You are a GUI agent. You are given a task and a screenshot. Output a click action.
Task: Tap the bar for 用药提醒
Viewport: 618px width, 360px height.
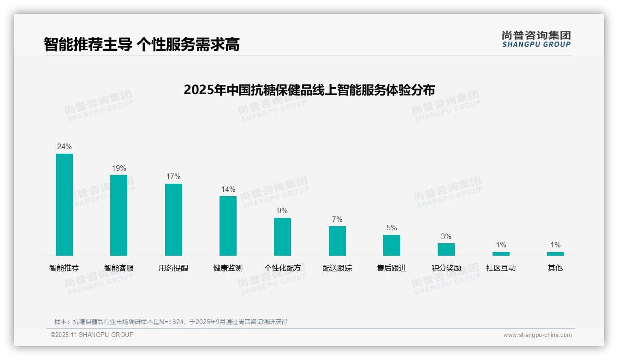pyautogui.click(x=173, y=220)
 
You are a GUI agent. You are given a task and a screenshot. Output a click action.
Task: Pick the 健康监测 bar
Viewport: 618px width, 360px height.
pyautogui.click(x=228, y=226)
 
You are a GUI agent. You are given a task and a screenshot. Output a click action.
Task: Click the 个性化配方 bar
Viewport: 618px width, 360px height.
pyautogui.click(x=282, y=236)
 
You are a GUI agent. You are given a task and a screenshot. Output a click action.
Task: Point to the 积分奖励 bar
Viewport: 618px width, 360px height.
pyautogui.click(x=446, y=249)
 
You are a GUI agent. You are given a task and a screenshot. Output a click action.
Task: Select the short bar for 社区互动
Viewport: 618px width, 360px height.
pyautogui.click(x=501, y=253)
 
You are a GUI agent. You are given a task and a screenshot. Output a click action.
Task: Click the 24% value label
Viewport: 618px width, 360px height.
pyautogui.click(x=64, y=146)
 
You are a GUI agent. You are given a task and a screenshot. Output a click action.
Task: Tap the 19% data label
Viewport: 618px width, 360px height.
pyautogui.click(x=119, y=168)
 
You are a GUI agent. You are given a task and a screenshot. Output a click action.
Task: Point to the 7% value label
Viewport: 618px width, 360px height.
pyautogui.click(x=337, y=219)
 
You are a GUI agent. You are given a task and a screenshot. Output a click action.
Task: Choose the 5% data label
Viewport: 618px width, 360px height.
pyautogui.click(x=392, y=228)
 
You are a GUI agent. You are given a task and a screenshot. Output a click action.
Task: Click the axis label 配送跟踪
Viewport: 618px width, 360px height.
pyautogui.click(x=337, y=268)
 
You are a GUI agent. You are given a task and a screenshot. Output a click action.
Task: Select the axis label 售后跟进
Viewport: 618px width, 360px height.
pyautogui.click(x=392, y=268)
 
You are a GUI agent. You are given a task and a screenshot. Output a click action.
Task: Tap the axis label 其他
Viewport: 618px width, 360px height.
pyautogui.click(x=555, y=268)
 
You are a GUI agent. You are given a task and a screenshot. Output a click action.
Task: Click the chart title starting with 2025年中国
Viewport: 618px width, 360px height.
pyautogui.click(x=309, y=90)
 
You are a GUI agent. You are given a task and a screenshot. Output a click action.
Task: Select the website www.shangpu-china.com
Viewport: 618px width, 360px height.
pyautogui.click(x=537, y=335)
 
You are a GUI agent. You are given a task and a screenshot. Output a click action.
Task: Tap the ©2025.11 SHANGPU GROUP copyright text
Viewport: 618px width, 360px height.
pyautogui.click(x=92, y=335)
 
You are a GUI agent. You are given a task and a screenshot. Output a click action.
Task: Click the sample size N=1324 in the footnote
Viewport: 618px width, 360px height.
pyautogui.click(x=172, y=322)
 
